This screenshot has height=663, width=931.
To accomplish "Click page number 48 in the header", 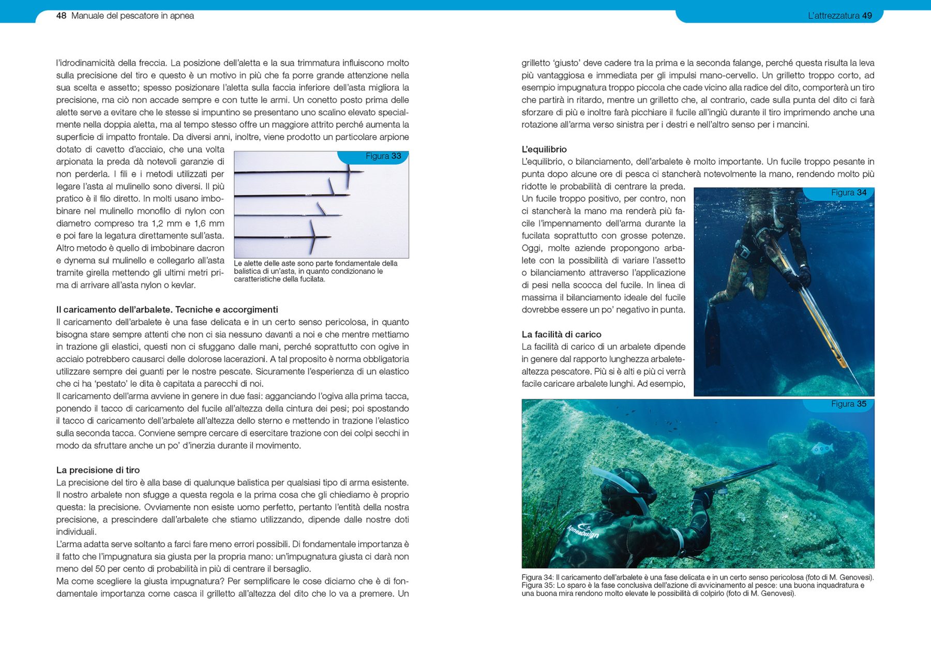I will click(61, 16).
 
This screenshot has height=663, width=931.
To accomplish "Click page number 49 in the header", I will click(867, 16).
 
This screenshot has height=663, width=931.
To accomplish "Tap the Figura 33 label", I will click(383, 156).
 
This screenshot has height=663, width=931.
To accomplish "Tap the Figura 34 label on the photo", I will click(849, 193).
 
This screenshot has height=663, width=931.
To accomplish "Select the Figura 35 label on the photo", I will click(849, 404).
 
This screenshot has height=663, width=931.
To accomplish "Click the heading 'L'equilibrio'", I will click(544, 149).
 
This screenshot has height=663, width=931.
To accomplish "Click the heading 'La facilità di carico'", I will click(561, 335).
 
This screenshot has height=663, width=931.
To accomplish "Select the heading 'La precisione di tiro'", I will click(98, 470).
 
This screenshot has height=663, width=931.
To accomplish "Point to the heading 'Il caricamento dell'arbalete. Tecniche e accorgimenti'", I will click(167, 310).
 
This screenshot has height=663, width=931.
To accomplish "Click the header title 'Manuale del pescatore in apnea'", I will click(132, 16).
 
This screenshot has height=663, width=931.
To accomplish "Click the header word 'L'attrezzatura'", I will click(833, 16).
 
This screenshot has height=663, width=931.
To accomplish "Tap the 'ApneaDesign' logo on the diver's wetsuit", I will click(583, 531).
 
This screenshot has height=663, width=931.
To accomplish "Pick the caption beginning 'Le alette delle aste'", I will click(316, 271).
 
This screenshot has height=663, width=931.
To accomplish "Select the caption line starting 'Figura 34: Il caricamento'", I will click(697, 578).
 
